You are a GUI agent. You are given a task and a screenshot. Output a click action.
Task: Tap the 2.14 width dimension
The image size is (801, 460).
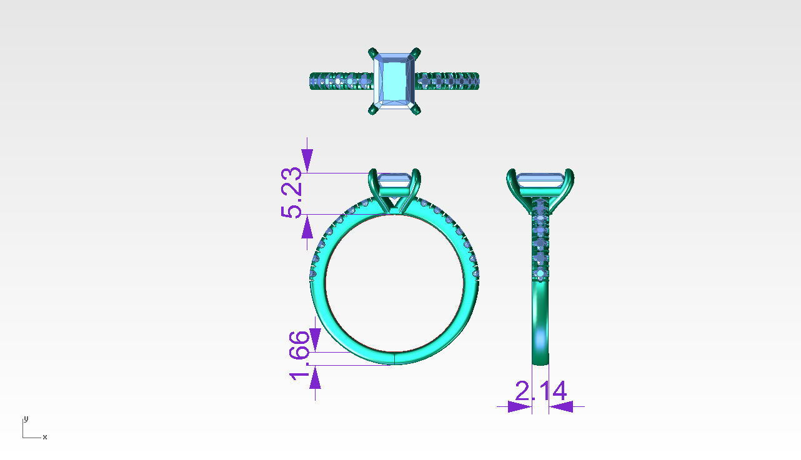[540, 391]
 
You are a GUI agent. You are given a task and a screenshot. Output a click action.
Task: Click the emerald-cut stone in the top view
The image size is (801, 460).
[394, 81]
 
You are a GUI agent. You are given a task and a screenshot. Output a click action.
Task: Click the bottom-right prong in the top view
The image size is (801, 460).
[415, 110]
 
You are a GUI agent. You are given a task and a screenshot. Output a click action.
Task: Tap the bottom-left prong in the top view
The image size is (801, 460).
[373, 110]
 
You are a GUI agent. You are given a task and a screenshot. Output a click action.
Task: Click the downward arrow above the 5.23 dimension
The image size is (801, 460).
[307, 160]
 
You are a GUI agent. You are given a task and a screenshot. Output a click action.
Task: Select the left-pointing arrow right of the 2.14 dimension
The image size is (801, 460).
[562, 406]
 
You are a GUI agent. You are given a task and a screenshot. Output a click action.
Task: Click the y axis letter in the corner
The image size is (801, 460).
[26, 419]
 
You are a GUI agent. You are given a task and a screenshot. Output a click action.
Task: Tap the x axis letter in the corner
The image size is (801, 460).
[45, 437]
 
